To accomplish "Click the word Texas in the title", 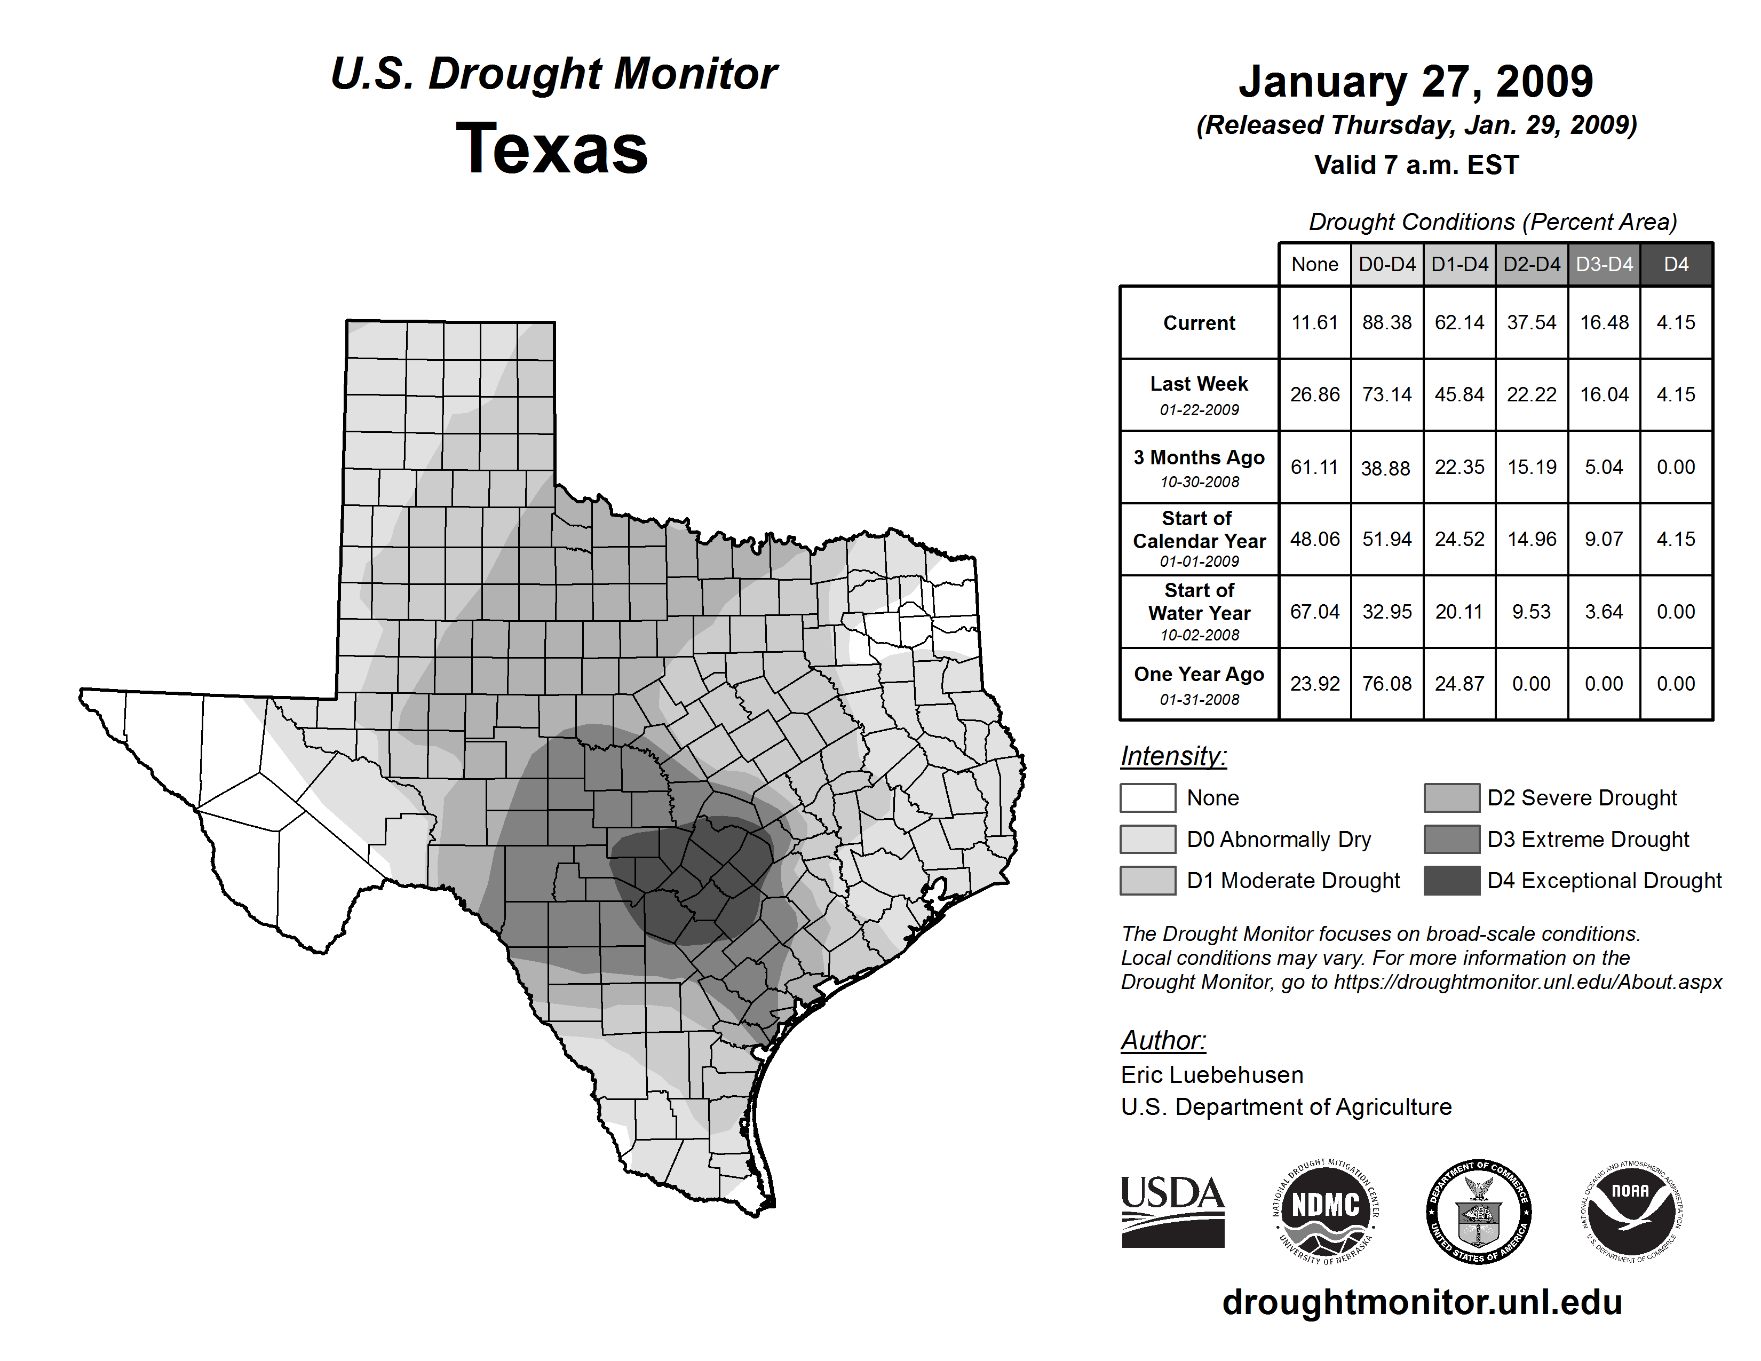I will coord(552,149).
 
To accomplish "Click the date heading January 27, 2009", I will coord(1416,82).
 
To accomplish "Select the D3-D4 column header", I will coord(1604,264).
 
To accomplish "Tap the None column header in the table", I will coord(1314,264).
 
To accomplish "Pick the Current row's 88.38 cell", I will coord(1387,322).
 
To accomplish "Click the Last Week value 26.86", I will coord(1314,394).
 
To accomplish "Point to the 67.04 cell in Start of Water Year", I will coord(1314,612).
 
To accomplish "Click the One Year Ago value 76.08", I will coord(1387,684).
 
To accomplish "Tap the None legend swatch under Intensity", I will coord(1147,797).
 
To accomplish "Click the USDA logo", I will coord(1172,1211).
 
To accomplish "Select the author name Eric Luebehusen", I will coord(1212,1075).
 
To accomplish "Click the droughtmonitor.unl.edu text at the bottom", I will coord(1422,1302).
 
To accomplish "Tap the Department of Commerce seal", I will coord(1479,1211).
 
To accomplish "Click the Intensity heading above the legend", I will coord(1173,756).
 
